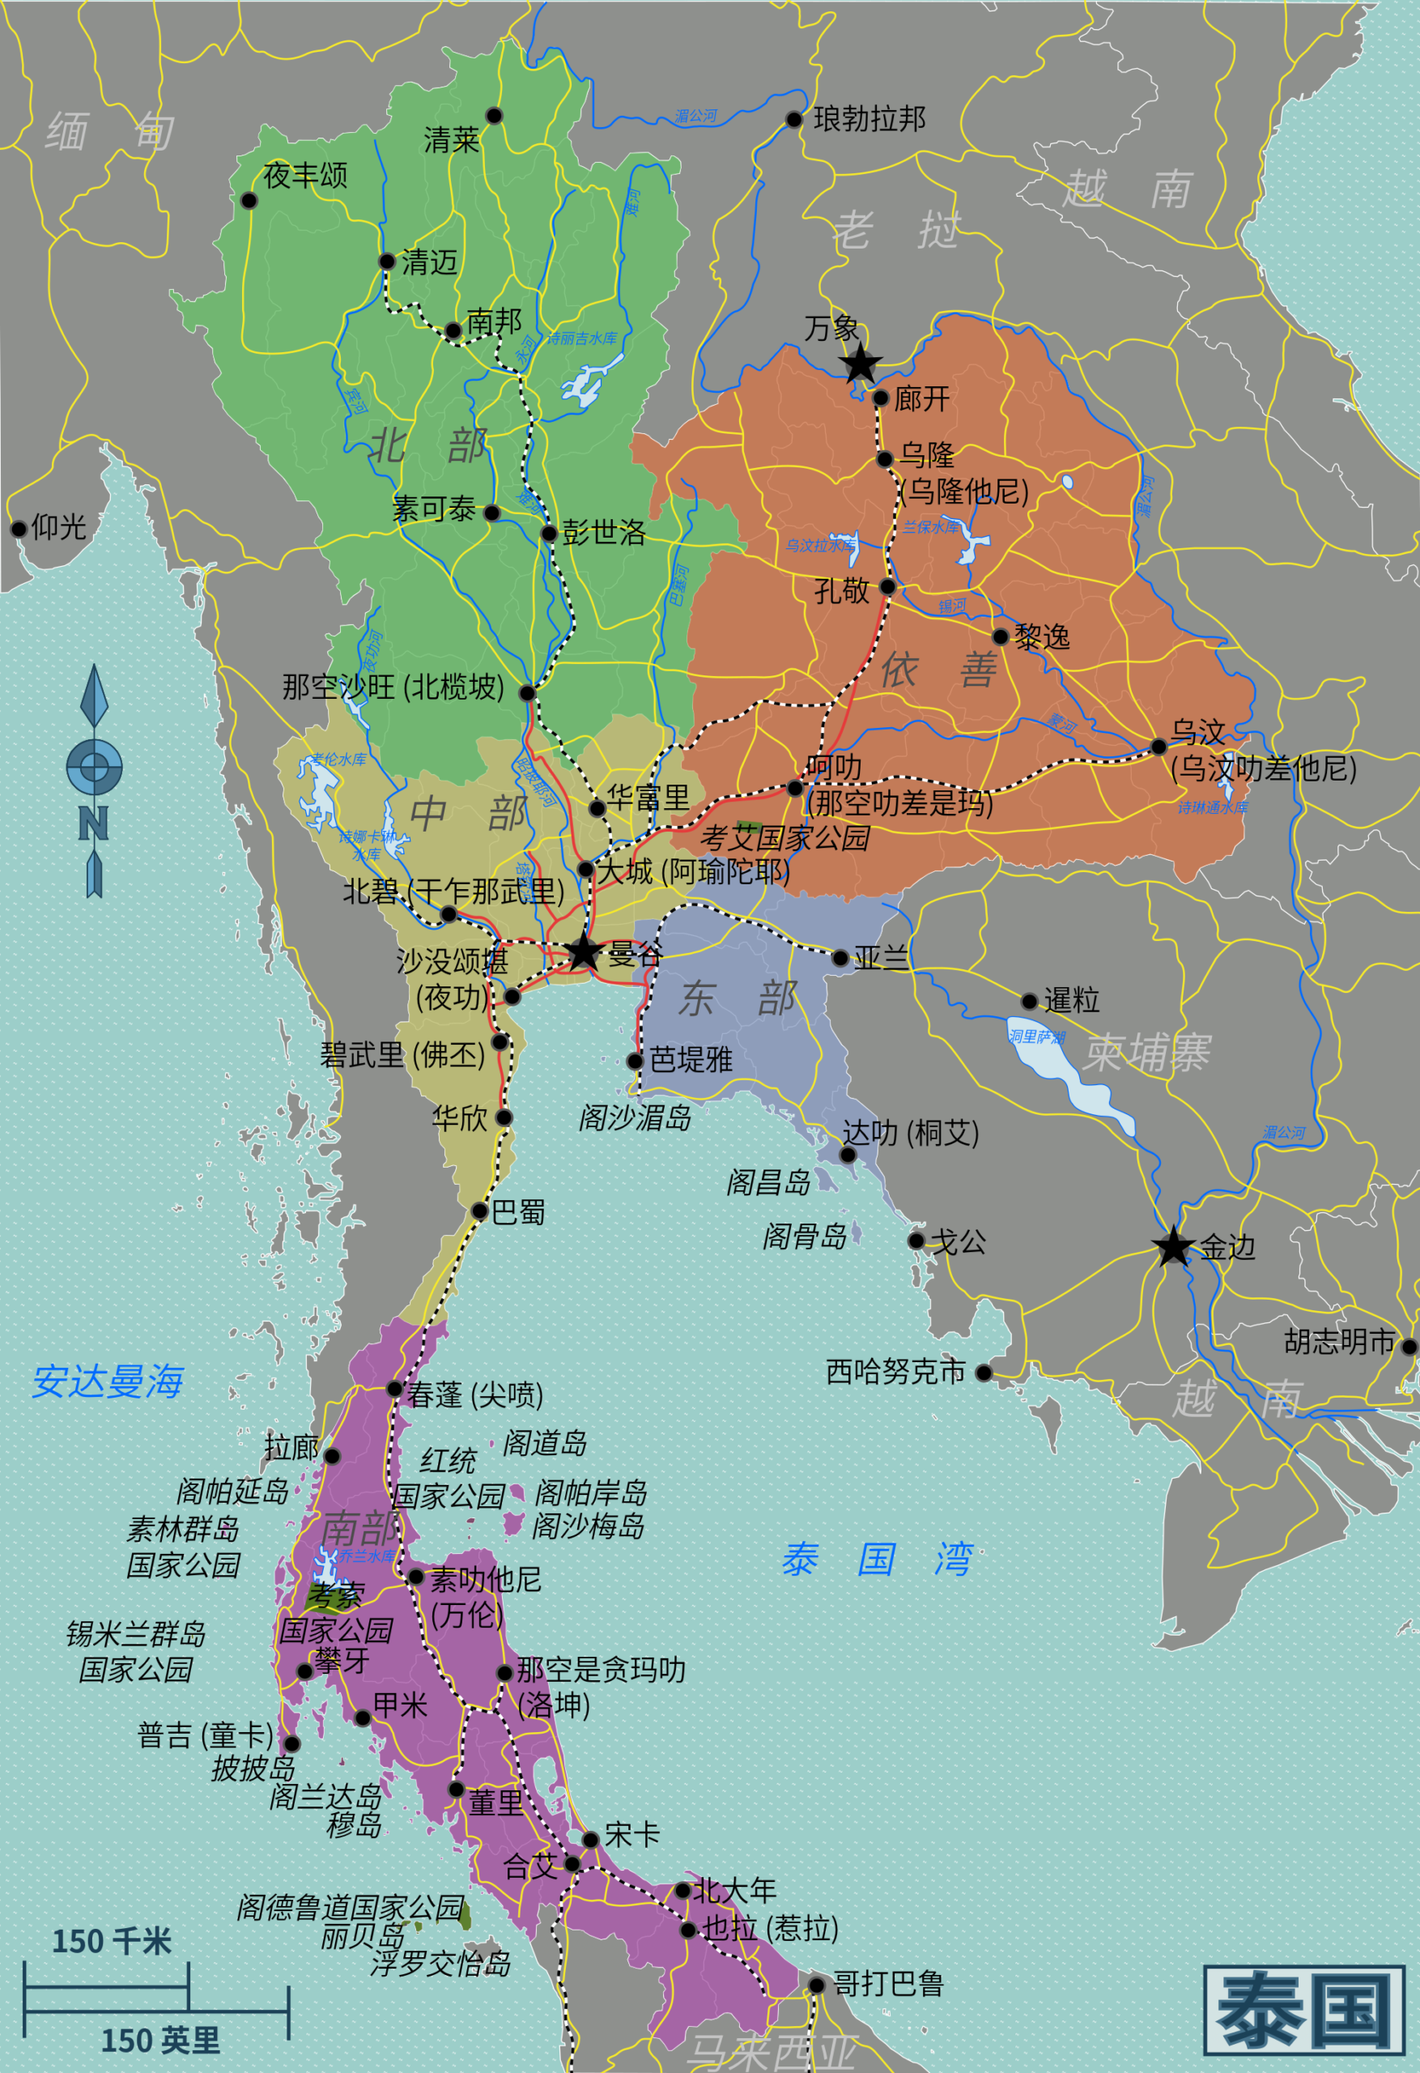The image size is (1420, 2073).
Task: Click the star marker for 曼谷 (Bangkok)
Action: [x=584, y=952]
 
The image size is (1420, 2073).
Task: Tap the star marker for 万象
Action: [x=861, y=364]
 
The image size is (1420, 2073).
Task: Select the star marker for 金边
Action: [x=1173, y=1247]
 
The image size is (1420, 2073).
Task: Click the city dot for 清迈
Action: [x=387, y=262]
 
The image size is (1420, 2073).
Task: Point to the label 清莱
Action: [x=451, y=140]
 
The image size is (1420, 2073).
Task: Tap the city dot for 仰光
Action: [x=19, y=529]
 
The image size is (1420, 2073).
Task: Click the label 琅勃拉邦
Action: [x=869, y=119]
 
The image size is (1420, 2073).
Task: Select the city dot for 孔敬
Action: [x=887, y=586]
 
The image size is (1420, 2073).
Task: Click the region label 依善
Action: [x=938, y=669]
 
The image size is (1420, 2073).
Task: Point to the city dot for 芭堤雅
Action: [x=635, y=1061]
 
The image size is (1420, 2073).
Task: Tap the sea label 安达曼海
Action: [x=108, y=1381]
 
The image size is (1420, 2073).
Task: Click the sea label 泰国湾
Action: [x=876, y=1560]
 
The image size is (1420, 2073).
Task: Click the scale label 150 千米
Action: [x=112, y=1942]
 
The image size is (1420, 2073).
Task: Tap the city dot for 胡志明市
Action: [x=1409, y=1347]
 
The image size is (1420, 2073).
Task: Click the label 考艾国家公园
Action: [x=784, y=837]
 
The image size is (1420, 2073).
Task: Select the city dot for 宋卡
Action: [x=590, y=1839]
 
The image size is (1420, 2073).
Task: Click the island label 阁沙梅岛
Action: [x=588, y=1526]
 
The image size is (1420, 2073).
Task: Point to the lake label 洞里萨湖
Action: [x=1037, y=1036]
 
